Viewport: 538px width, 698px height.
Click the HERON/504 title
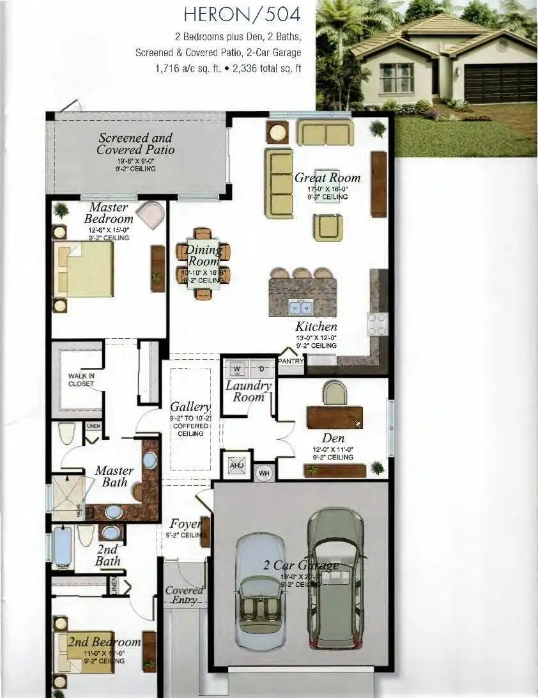pyautogui.click(x=242, y=13)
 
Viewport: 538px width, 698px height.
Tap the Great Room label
pyautogui.click(x=327, y=178)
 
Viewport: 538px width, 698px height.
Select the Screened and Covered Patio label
pyautogui.click(x=135, y=144)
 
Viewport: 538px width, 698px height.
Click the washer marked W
pyautogui.click(x=237, y=369)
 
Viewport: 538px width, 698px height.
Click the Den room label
pyautogui.click(x=333, y=438)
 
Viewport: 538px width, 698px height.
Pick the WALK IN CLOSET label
pyautogui.click(x=81, y=380)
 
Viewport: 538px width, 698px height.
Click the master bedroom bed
pyautogui.click(x=83, y=268)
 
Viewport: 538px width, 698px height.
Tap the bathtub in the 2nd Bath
pyautogui.click(x=63, y=547)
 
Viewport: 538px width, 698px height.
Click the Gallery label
pyautogui.click(x=190, y=407)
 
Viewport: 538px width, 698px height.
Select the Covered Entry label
pyautogui.click(x=184, y=595)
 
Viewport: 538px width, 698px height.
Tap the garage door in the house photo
pyautogui.click(x=500, y=83)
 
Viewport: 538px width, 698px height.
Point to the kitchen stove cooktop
pyautogui.click(x=376, y=324)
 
